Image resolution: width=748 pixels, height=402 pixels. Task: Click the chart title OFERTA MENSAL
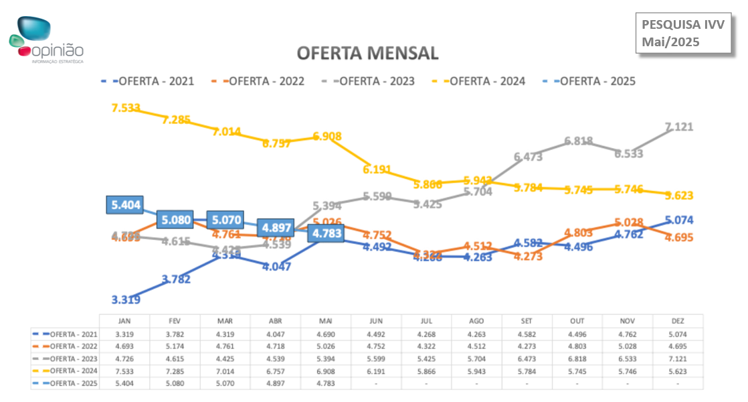coord(367,53)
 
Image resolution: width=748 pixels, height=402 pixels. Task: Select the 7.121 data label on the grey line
coord(679,127)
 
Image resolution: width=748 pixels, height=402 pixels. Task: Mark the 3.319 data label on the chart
coord(126,299)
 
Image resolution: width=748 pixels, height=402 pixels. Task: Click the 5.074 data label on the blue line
coord(679,220)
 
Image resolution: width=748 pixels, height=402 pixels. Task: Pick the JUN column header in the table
coord(376,321)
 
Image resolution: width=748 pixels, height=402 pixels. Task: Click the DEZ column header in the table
coord(678,321)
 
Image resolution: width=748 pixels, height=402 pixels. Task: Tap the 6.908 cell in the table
coord(326,371)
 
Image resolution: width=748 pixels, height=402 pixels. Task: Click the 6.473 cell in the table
coord(527,358)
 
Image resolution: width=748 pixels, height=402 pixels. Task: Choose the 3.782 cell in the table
coord(175,334)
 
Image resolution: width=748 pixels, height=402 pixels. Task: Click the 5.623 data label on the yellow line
coord(679,196)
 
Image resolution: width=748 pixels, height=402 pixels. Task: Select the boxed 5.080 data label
coord(175,219)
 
